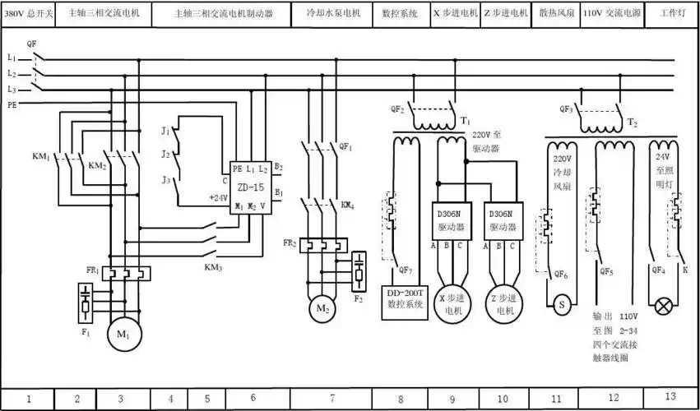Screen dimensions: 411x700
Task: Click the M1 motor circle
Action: (x=121, y=335)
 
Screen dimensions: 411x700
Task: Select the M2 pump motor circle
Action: (x=321, y=310)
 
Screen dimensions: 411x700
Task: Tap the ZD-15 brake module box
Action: (x=250, y=186)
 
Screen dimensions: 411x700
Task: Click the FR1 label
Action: (x=92, y=270)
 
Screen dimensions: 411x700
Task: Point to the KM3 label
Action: (x=213, y=267)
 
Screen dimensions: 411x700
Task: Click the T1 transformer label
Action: (x=466, y=120)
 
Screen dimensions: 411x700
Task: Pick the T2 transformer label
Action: (x=633, y=122)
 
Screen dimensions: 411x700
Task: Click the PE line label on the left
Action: (x=12, y=105)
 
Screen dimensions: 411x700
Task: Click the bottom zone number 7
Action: (x=331, y=399)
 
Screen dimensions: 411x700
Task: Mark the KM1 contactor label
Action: (x=40, y=156)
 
